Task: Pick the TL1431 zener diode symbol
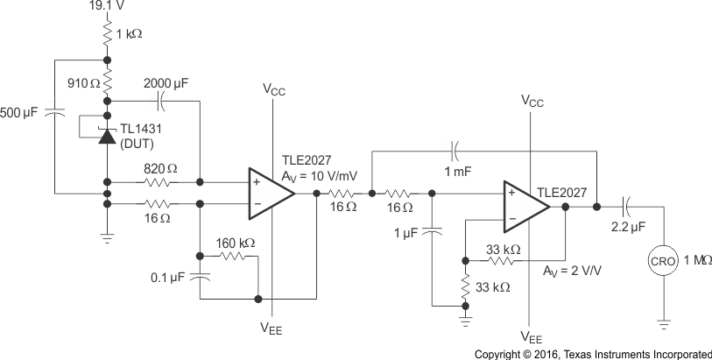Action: point(107,136)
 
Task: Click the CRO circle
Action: point(663,261)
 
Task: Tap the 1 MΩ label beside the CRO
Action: point(696,261)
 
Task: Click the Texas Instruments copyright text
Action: point(592,354)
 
